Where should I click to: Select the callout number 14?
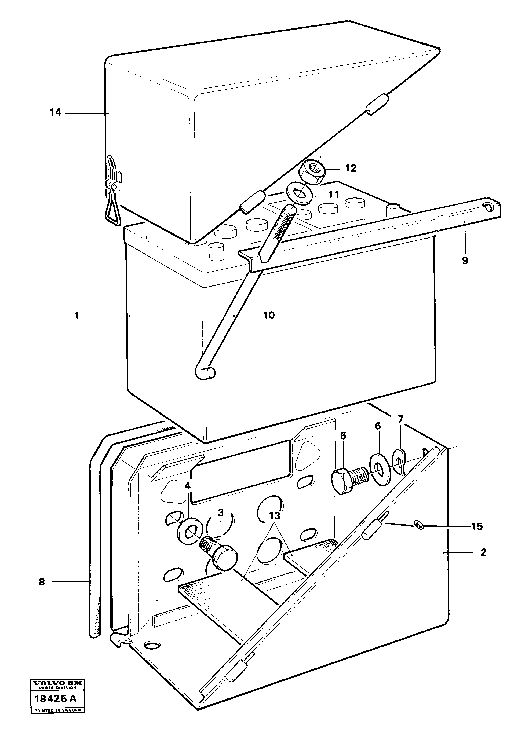coord(55,112)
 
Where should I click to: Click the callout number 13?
coord(274,516)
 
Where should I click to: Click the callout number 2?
coord(483,552)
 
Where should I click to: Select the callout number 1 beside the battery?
coord(77,316)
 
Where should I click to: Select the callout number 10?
coord(269,315)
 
